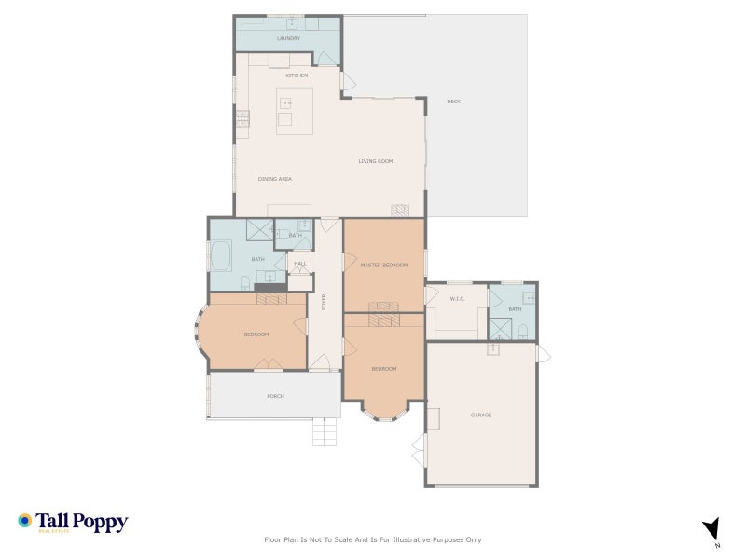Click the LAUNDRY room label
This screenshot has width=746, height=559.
click(x=289, y=38)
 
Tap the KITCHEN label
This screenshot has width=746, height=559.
click(x=297, y=75)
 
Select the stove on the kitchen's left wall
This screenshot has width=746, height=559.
click(x=242, y=118)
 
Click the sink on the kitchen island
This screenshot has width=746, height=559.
click(x=286, y=102)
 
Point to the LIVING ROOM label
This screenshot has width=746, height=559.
click(x=376, y=161)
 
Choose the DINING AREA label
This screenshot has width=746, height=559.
click(x=275, y=178)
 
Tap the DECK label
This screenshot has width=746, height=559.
click(x=453, y=102)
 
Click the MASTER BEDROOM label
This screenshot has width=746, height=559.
click(x=384, y=266)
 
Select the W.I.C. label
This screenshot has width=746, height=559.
click(x=457, y=299)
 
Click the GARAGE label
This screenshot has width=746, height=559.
click(x=481, y=415)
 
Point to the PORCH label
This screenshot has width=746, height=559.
click(x=275, y=396)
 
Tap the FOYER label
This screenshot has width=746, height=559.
click(x=325, y=302)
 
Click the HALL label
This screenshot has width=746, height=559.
click(x=300, y=264)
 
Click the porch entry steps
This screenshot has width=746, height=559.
click(x=323, y=432)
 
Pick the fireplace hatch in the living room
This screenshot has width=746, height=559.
click(x=400, y=211)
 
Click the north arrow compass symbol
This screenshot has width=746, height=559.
click(x=711, y=528)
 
